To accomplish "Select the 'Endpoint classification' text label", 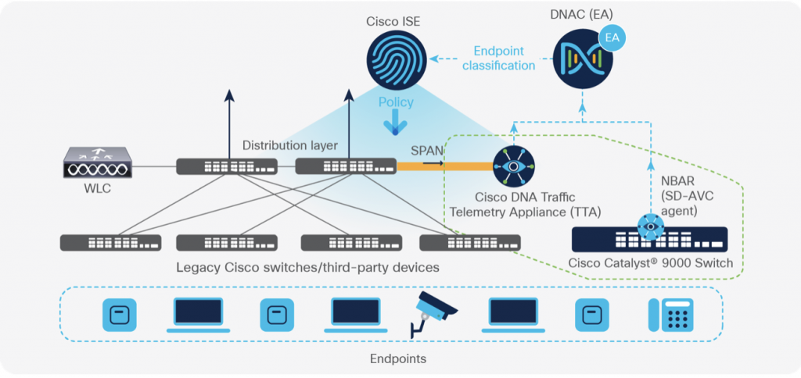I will pyautogui.click(x=498, y=59).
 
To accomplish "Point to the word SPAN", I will pyautogui.click(x=427, y=148).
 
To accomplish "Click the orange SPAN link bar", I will pyautogui.click(x=446, y=165).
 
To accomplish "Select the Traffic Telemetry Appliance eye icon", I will pyautogui.click(x=513, y=166).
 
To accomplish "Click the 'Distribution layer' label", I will pyautogui.click(x=289, y=145).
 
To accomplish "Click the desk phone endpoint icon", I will pyautogui.click(x=669, y=314).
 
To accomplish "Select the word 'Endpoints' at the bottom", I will pyautogui.click(x=398, y=358).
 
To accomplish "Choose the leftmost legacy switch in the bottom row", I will pyautogui.click(x=110, y=242).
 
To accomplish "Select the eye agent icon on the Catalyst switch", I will pyautogui.click(x=648, y=226).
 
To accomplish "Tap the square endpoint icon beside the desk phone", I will pyautogui.click(x=592, y=314).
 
